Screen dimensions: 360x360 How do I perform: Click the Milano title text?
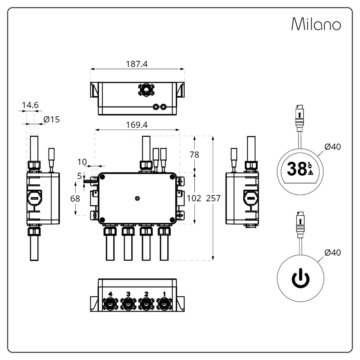[316, 24]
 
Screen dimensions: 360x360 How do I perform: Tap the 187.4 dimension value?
[137, 64]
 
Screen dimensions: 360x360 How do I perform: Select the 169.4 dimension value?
[137, 125]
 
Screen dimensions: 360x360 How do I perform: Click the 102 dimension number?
[194, 198]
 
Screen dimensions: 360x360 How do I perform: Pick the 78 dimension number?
[194, 155]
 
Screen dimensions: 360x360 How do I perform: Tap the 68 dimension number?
[75, 198]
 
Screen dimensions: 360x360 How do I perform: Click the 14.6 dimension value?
[30, 105]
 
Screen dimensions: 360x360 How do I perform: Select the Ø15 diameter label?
[51, 120]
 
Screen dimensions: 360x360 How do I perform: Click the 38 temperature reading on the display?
[297, 169]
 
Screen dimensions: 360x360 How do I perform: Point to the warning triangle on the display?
[311, 172]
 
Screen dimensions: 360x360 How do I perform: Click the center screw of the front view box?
[137, 198]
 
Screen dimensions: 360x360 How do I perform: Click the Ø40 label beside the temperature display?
[332, 147]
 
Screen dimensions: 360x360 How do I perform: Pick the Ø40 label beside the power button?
[332, 253]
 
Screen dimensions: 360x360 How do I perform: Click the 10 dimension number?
[82, 162]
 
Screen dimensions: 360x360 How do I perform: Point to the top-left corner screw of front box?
[102, 177]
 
